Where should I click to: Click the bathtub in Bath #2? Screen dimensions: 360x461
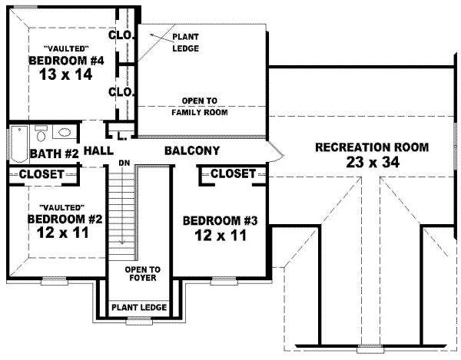tap(18, 142)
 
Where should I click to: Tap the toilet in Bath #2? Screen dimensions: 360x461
tap(42, 131)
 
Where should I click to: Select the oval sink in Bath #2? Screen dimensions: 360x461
tap(66, 131)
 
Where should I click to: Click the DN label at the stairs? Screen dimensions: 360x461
tap(123, 163)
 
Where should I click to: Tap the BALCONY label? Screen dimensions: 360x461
tap(192, 150)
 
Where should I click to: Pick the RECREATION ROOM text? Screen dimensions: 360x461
tap(372, 146)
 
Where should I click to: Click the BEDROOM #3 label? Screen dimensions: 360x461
tap(221, 221)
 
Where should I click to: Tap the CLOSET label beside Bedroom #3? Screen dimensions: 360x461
tap(232, 174)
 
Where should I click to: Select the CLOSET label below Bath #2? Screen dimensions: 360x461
tap(41, 174)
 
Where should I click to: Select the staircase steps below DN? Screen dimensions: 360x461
tap(121, 211)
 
